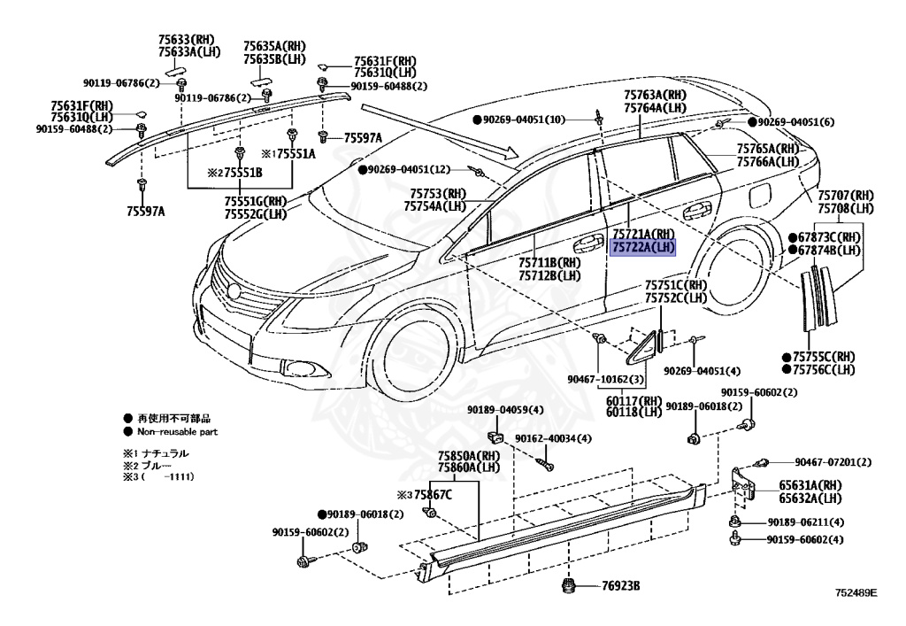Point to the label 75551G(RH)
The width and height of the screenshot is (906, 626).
[x=255, y=201]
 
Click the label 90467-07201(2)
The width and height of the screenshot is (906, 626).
[x=833, y=462]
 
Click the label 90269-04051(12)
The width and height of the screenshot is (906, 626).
[x=409, y=169]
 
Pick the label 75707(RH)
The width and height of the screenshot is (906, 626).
[x=845, y=195]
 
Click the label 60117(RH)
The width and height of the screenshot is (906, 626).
[x=634, y=399]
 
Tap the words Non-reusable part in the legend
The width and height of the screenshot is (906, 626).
[x=177, y=432]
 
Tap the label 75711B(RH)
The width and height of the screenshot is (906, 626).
[x=549, y=263]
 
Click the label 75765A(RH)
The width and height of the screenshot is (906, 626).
[x=768, y=149]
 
